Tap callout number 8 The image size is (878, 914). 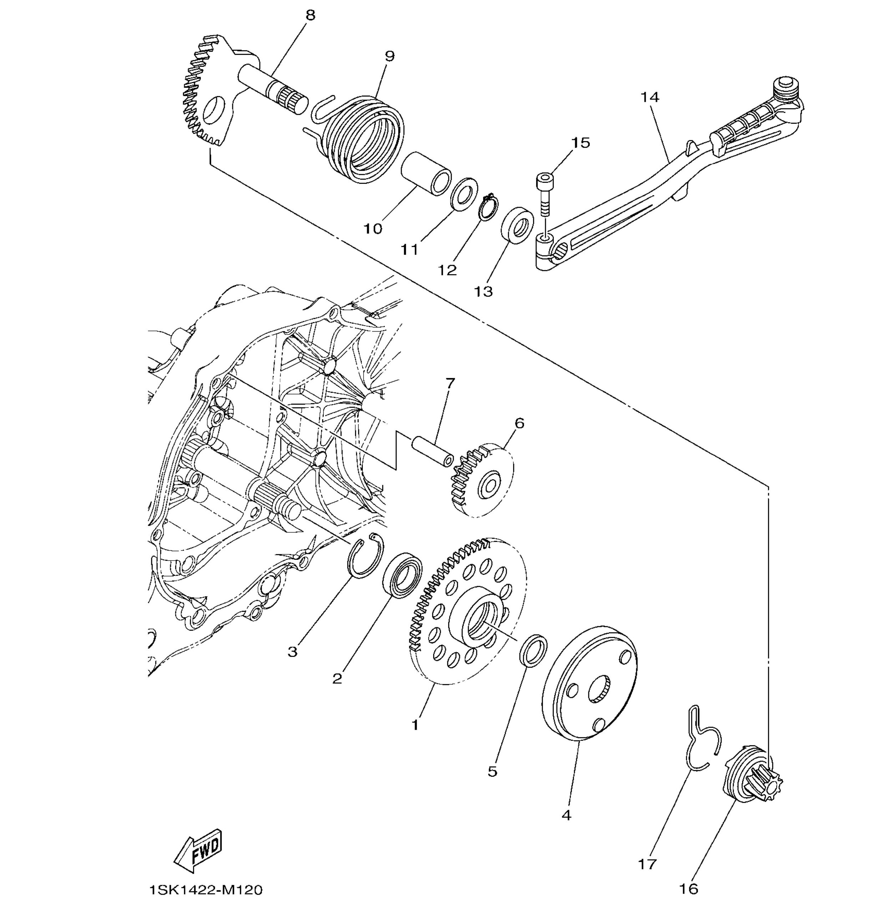(x=310, y=15)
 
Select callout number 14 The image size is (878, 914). (x=650, y=97)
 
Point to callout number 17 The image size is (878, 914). (x=647, y=864)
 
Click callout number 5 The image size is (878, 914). (x=493, y=771)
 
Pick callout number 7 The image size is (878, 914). (x=450, y=383)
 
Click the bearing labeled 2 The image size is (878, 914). (x=403, y=575)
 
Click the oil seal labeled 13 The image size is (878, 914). (x=517, y=225)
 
